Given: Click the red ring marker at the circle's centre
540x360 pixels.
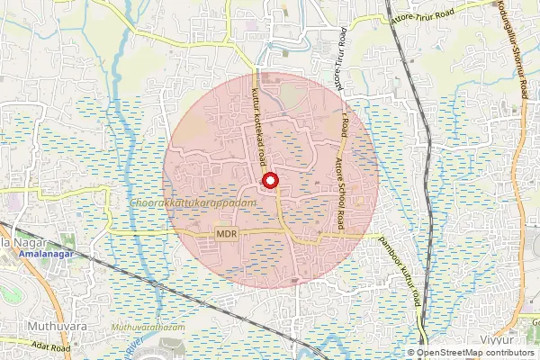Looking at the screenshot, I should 270,181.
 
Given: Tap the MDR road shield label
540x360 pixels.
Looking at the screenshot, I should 227,233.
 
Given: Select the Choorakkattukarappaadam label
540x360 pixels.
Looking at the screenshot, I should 186,204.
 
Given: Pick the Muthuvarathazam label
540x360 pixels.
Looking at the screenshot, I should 149,330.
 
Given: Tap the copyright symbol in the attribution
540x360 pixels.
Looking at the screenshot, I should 411,354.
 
